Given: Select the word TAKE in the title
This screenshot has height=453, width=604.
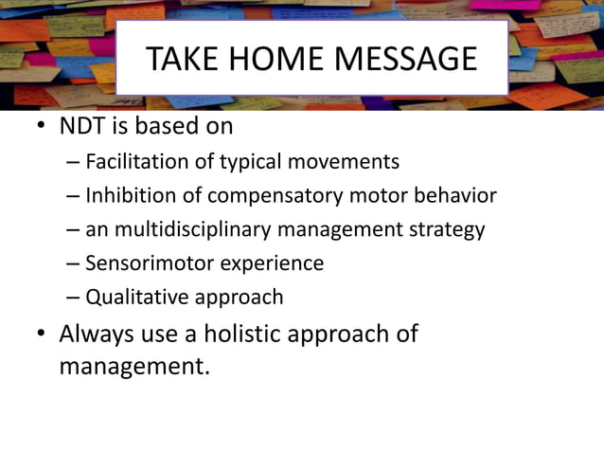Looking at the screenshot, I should [181, 59].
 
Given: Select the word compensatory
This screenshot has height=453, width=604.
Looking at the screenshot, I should [261, 196].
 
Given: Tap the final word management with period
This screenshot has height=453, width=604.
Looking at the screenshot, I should [133, 366].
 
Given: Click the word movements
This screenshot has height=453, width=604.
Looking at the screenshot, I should [344, 162].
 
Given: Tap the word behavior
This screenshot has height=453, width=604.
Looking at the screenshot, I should [455, 196].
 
